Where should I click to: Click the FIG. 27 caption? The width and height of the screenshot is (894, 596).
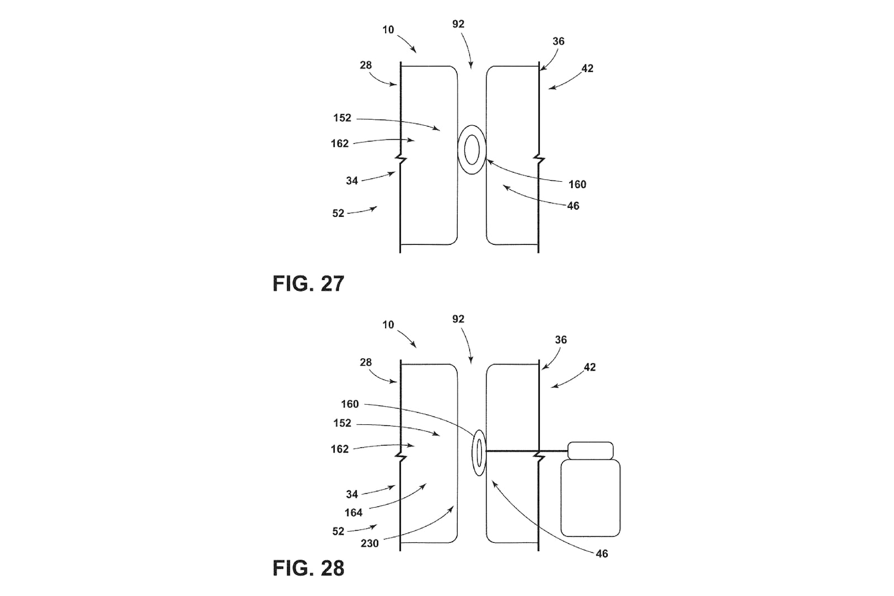click(x=308, y=283)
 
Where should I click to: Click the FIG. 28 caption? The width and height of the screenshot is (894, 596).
click(x=308, y=567)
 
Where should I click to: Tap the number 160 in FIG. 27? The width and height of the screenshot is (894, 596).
click(x=577, y=185)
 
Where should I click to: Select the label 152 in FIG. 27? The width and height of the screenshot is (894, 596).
click(x=342, y=118)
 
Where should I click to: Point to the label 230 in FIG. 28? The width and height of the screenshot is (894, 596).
click(x=369, y=543)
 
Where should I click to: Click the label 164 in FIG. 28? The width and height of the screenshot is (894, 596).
click(x=353, y=513)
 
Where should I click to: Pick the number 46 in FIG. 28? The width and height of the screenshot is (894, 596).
click(x=602, y=554)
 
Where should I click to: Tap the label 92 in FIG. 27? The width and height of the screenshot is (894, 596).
click(x=458, y=24)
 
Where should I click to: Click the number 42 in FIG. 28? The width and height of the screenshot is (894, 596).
click(x=589, y=367)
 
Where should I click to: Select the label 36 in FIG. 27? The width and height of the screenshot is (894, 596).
click(x=558, y=41)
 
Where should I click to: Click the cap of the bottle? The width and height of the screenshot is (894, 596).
click(x=590, y=450)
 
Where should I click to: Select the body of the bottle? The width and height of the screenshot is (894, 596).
click(x=590, y=498)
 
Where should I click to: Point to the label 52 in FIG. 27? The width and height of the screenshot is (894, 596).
click(x=338, y=214)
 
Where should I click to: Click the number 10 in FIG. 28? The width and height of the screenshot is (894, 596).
click(x=388, y=325)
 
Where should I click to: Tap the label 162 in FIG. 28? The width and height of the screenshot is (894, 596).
click(x=340, y=449)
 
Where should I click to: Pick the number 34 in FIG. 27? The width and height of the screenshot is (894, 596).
click(x=351, y=181)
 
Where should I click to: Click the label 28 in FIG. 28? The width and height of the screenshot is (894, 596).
click(x=365, y=362)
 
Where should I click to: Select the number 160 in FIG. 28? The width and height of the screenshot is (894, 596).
click(x=350, y=404)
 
